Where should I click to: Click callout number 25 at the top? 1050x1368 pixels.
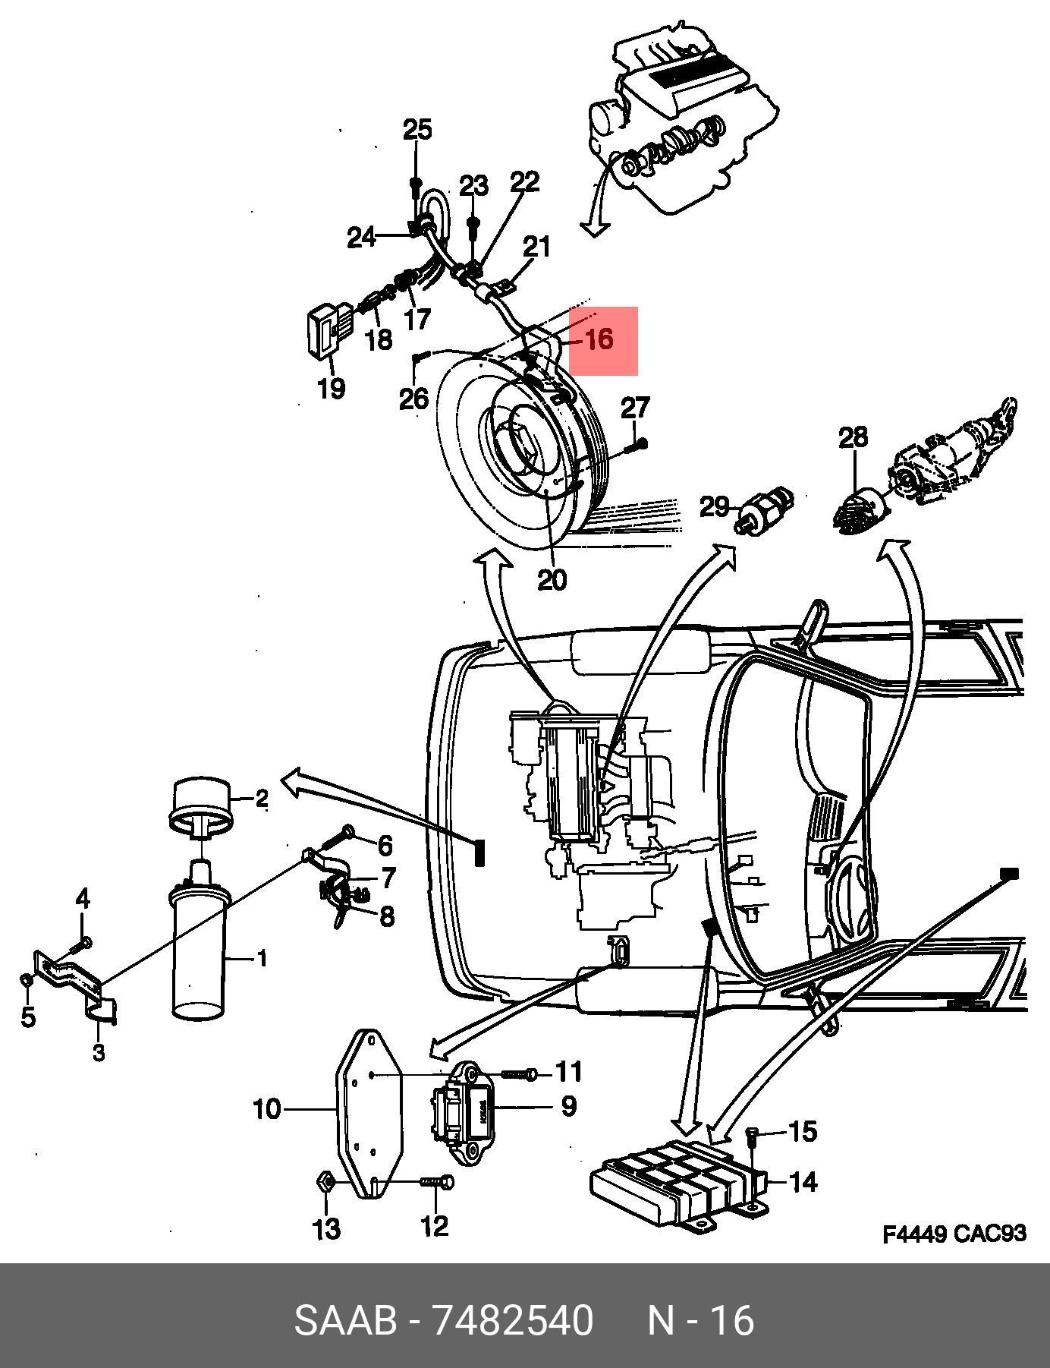coord(417,130)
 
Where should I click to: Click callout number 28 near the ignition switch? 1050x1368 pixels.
coord(854,437)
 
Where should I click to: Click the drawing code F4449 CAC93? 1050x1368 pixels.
coord(954,1234)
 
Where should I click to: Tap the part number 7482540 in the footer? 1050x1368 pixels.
coord(511,1320)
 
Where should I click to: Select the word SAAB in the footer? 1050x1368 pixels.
coord(345,1320)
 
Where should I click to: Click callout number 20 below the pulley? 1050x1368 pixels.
coord(552,580)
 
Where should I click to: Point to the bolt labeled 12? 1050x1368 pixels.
coord(437,1183)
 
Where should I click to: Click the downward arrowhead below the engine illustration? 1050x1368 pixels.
coord(596,227)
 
